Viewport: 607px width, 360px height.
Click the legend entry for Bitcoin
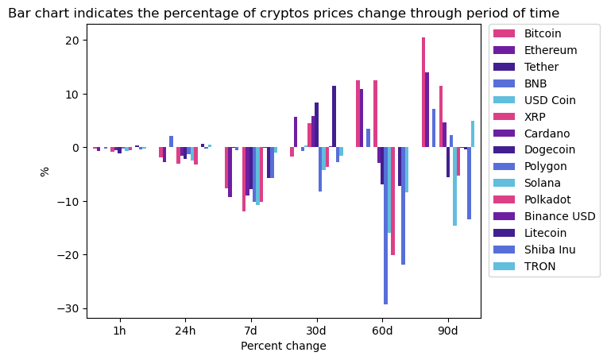543,33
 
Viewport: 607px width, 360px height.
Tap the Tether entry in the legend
541,67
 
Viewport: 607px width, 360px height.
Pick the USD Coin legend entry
549,100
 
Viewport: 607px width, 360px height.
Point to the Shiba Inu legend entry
547,250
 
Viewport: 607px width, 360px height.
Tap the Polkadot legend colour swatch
505,199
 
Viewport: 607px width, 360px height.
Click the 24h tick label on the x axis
185,330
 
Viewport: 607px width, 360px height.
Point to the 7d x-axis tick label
250,330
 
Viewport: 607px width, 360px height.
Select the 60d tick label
382,330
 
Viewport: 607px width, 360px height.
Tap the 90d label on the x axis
448,330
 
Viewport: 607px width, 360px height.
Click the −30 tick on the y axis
72,308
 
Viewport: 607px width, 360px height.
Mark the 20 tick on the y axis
75,41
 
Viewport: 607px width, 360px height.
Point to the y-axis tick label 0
79,148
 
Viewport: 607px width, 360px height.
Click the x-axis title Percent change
284,346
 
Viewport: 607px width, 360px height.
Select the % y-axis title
45,171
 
